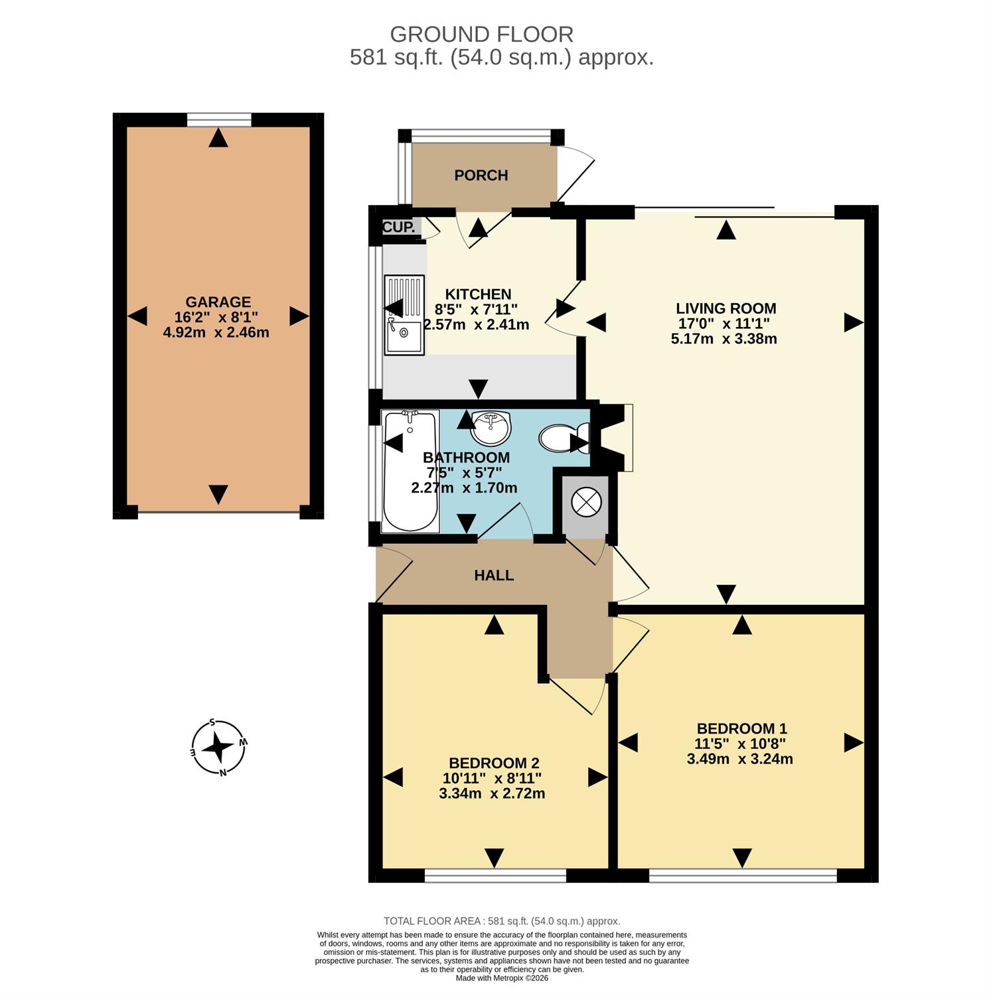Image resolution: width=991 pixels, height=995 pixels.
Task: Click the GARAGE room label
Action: coord(218,302)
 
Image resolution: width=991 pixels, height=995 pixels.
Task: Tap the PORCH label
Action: coord(481,175)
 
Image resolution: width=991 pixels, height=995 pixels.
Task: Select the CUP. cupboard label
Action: coord(399,227)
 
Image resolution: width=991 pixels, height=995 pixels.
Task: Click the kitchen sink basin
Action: coord(404,338)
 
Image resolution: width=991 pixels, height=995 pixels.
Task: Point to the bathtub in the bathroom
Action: coord(411,471)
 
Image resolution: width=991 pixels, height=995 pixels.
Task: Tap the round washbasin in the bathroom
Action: coord(491,428)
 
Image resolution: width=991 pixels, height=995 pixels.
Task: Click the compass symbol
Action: coord(218,748)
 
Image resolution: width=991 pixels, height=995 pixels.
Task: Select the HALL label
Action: coord(494,575)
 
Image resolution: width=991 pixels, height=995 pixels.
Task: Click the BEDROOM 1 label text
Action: coord(741,728)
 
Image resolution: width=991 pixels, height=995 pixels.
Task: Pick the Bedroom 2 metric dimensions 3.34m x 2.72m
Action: coord(492,793)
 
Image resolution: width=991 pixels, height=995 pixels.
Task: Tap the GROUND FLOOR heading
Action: coord(481,34)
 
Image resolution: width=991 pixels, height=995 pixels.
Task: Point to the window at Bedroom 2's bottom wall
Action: coord(495,876)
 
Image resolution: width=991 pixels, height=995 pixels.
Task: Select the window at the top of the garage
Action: coord(219,119)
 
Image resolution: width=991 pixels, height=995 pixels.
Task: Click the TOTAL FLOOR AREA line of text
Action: coord(502,921)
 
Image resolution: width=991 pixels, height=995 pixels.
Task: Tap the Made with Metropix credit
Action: coord(502,978)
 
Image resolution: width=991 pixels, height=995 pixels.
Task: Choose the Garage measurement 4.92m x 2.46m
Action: coord(216,332)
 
